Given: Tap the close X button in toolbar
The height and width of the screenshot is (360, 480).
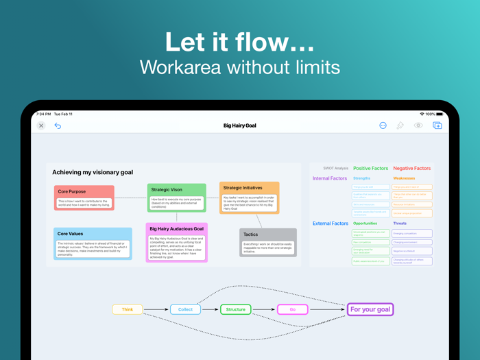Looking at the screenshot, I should coord(41,125).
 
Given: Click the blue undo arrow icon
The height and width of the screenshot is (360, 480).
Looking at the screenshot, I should coord(58,125).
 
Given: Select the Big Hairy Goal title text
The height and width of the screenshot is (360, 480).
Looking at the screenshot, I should coord(239,125).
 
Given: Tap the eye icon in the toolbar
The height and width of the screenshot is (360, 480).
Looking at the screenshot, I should coord(418,125).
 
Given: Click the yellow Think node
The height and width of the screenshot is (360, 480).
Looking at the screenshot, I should coord(128,309).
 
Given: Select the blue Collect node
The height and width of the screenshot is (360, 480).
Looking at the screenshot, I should coord(185,309).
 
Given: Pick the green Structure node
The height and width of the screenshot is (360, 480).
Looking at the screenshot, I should coord(235,309).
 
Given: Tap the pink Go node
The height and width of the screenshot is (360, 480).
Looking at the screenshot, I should coord(292,309).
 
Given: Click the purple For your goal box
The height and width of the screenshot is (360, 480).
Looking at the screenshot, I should coord(370,309).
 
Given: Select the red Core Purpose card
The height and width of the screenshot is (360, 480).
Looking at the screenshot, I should coord(84,197).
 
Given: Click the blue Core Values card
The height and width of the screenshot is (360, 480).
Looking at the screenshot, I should coord(93,243).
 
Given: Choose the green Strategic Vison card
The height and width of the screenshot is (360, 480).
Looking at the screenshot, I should coord(176,198).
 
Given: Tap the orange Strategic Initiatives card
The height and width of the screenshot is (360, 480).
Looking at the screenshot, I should coord(250,197).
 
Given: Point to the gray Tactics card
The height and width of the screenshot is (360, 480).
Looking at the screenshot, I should coord(268,243).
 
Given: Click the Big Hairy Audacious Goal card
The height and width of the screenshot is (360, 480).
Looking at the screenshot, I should coord(177,242).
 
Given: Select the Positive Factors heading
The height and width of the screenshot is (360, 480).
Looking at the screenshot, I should coord(370,168).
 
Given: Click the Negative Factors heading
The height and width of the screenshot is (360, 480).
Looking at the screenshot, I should coord(412,168).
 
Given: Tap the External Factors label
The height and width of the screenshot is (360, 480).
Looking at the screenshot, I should coord(331,224).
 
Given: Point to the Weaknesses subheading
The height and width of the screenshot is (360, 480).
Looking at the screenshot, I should coord(404,178).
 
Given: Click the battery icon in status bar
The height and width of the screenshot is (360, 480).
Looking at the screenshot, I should coord(440,114).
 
